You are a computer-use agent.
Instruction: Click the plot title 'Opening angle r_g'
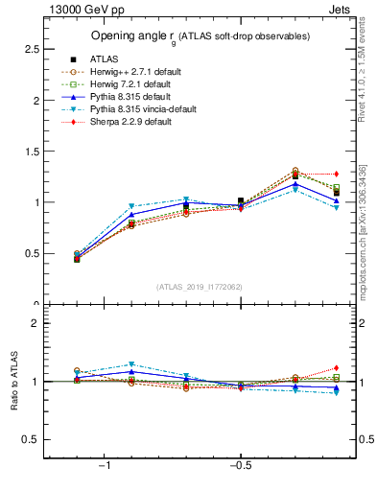click(199, 36)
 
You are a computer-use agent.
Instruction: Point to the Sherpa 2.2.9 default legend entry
click(130, 123)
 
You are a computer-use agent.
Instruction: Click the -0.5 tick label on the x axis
click(240, 465)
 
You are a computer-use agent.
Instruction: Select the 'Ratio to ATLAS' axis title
click(12, 382)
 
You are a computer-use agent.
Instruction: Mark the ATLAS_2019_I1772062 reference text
click(200, 287)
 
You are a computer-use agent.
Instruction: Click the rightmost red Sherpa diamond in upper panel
click(337, 174)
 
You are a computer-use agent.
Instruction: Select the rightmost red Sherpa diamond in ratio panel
click(337, 368)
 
